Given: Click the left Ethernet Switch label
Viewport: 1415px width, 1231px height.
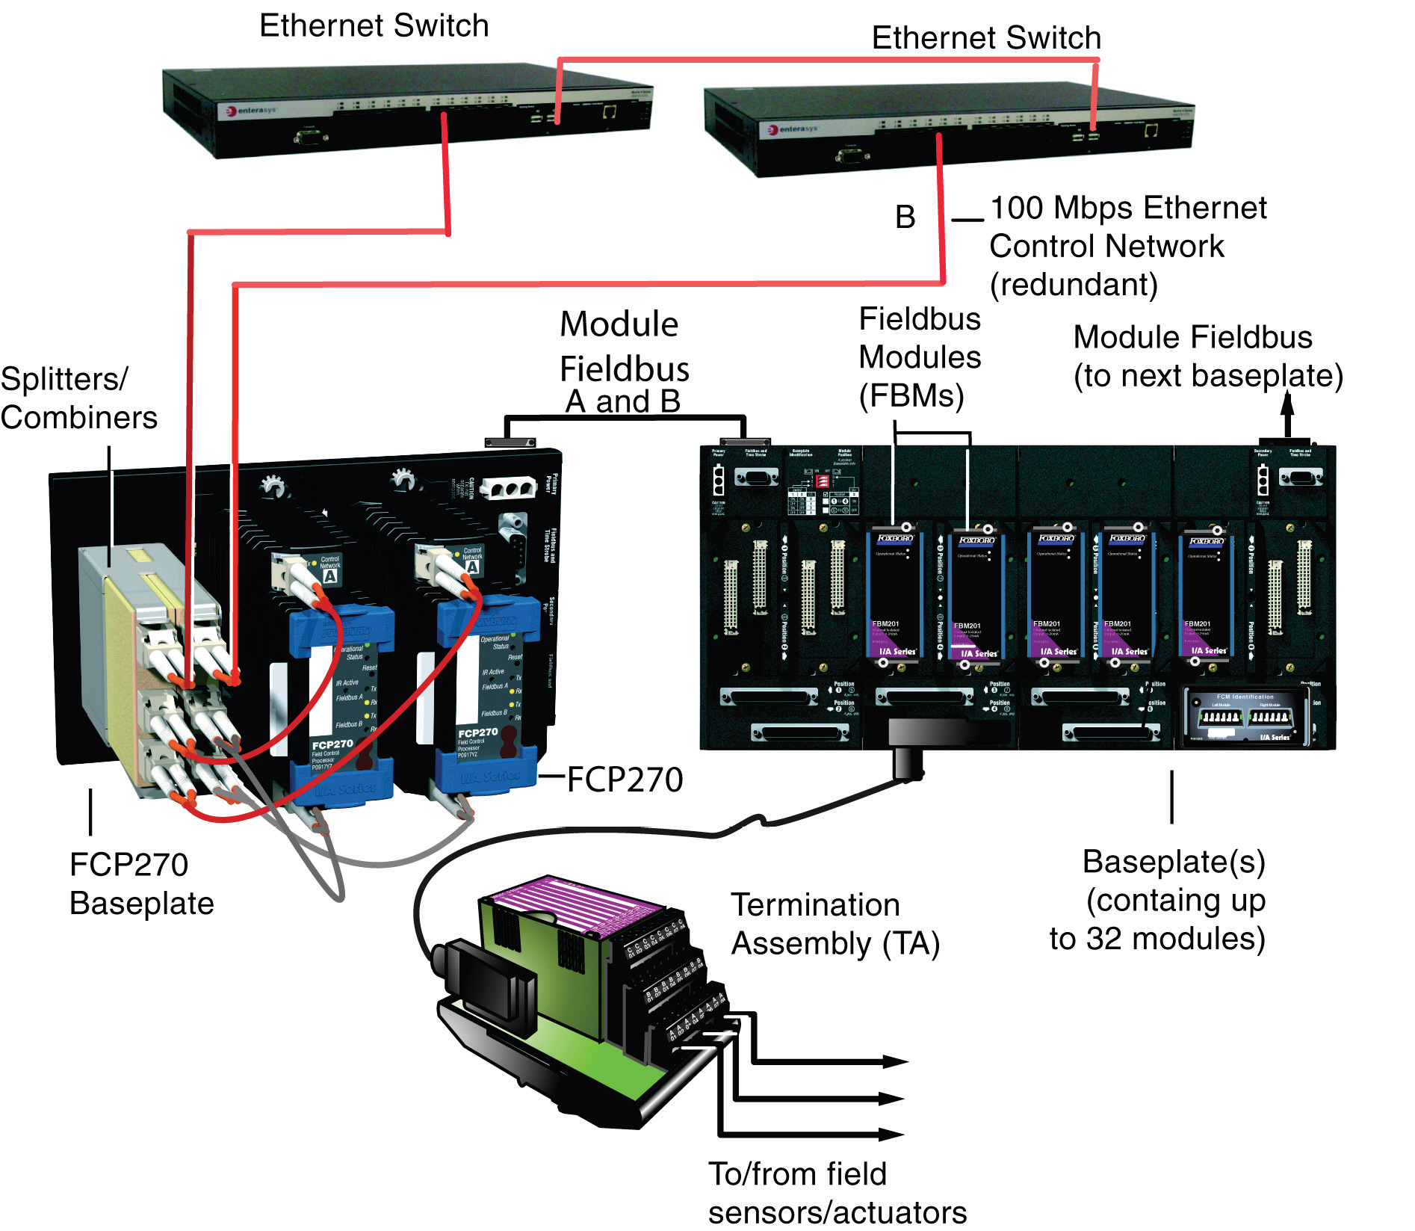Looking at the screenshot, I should [x=374, y=26].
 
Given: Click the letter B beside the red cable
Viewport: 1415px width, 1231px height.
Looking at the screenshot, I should [x=905, y=217].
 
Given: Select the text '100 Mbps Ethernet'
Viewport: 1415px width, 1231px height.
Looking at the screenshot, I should [x=1128, y=209].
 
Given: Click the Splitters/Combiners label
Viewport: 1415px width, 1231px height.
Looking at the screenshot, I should [x=78, y=398].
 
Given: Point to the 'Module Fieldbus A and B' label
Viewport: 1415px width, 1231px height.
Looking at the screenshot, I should [x=622, y=362].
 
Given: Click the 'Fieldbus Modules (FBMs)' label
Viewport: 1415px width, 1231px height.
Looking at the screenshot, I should [x=919, y=357].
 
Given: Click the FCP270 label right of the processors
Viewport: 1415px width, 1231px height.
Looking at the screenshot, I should [x=625, y=780].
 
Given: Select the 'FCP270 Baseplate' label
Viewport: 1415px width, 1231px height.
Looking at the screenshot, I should [x=141, y=883].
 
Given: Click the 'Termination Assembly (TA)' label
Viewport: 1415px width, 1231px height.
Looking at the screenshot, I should [x=835, y=924].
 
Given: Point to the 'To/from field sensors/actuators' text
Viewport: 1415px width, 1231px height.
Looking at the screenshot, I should [x=837, y=1192].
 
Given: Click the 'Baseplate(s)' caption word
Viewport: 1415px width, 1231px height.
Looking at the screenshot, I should [x=1173, y=862].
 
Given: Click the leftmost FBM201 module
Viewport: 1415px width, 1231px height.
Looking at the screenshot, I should [x=895, y=594].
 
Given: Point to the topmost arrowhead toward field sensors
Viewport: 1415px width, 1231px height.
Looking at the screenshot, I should [x=894, y=1061].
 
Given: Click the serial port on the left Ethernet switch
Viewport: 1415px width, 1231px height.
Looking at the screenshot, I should [x=311, y=137].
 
